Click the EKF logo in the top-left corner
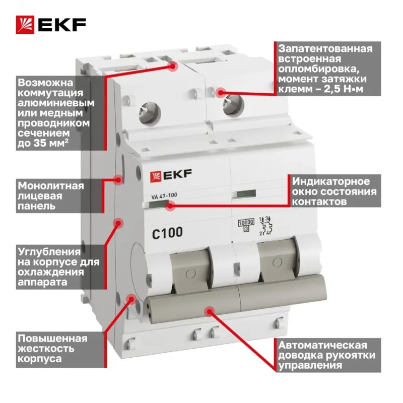tap(51, 25)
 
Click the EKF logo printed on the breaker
tap(171, 176)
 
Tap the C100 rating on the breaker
tap(167, 233)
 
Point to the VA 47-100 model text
tap(164, 196)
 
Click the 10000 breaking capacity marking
tap(246, 223)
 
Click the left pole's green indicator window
tap(157, 205)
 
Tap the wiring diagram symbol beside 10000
tap(266, 226)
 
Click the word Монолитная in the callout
tap(51, 186)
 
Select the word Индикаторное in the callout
tap(331, 182)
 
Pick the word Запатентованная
tap(325, 48)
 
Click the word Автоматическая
tap(322, 345)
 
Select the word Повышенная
tap(52, 339)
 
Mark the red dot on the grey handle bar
tap(210, 311)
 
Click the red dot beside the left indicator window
tap(170, 206)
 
